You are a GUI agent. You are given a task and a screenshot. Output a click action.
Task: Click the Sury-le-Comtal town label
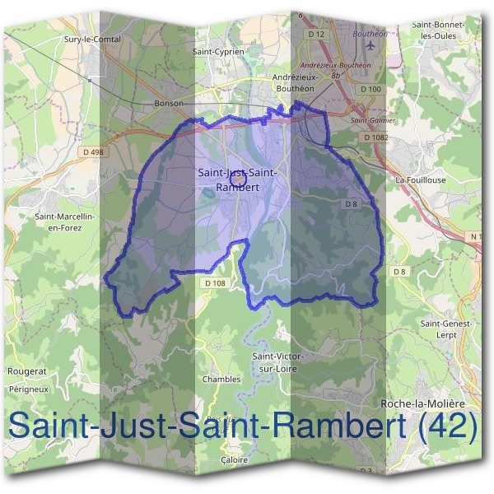point(92,39)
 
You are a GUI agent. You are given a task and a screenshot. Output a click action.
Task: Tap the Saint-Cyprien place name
point(217,51)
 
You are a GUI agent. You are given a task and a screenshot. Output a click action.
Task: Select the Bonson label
point(168,104)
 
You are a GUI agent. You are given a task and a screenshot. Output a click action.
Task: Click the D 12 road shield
point(316,33)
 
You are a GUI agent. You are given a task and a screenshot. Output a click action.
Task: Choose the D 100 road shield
point(370,88)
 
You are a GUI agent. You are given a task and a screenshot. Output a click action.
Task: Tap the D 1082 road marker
point(375,137)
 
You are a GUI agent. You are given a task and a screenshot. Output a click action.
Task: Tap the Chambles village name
point(222,380)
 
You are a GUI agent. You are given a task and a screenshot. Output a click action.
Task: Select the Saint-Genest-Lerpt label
point(445,329)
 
